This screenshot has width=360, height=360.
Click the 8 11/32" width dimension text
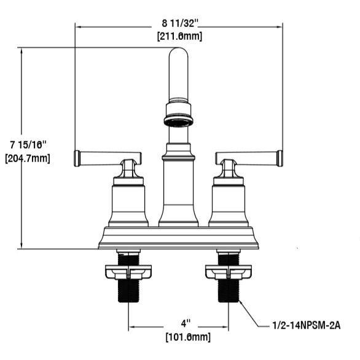click(180, 23)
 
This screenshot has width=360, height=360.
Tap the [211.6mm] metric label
click(180, 36)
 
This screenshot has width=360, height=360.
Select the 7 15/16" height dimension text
click(28, 145)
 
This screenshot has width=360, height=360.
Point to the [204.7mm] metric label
click(28, 158)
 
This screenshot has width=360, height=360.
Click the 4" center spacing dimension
click(186, 324)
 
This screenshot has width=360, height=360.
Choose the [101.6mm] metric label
click(188, 337)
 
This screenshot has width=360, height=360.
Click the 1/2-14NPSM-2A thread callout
click(307, 326)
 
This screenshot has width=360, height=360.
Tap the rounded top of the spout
click(178, 52)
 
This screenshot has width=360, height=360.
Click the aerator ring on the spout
click(178, 121)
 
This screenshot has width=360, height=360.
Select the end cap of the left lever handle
click(77, 158)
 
